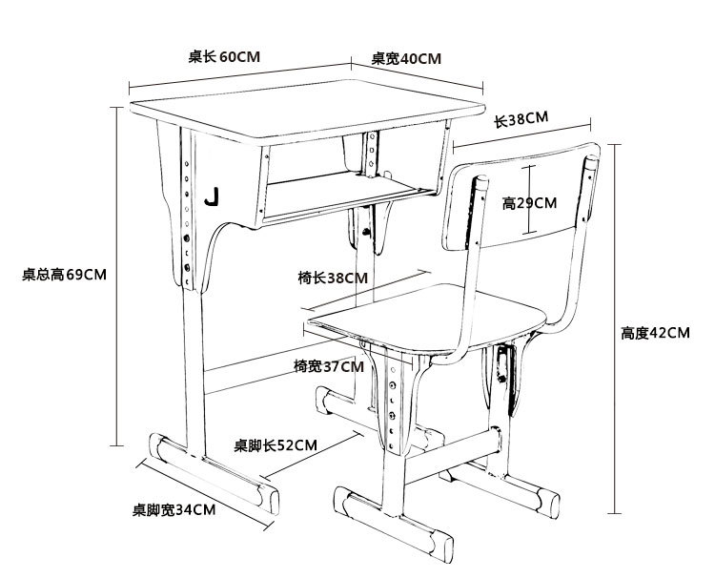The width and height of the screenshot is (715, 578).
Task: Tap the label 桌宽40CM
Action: (406, 58)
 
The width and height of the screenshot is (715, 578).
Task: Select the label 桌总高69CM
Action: (64, 275)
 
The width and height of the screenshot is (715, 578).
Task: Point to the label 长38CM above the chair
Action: (521, 120)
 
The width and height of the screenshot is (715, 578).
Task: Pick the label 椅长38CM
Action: (331, 279)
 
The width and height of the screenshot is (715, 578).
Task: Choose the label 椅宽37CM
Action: (329, 366)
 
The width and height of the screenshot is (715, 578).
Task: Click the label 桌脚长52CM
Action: (276, 445)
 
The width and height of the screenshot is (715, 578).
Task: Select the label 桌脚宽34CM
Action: (174, 509)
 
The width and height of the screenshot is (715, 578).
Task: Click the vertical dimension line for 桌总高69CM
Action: (115, 277)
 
